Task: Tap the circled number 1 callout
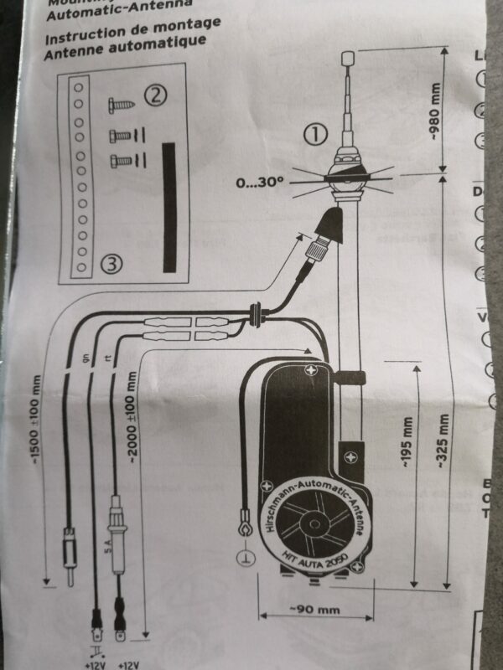(x=313, y=133)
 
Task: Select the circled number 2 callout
(x=153, y=95)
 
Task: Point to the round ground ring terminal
(x=246, y=529)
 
